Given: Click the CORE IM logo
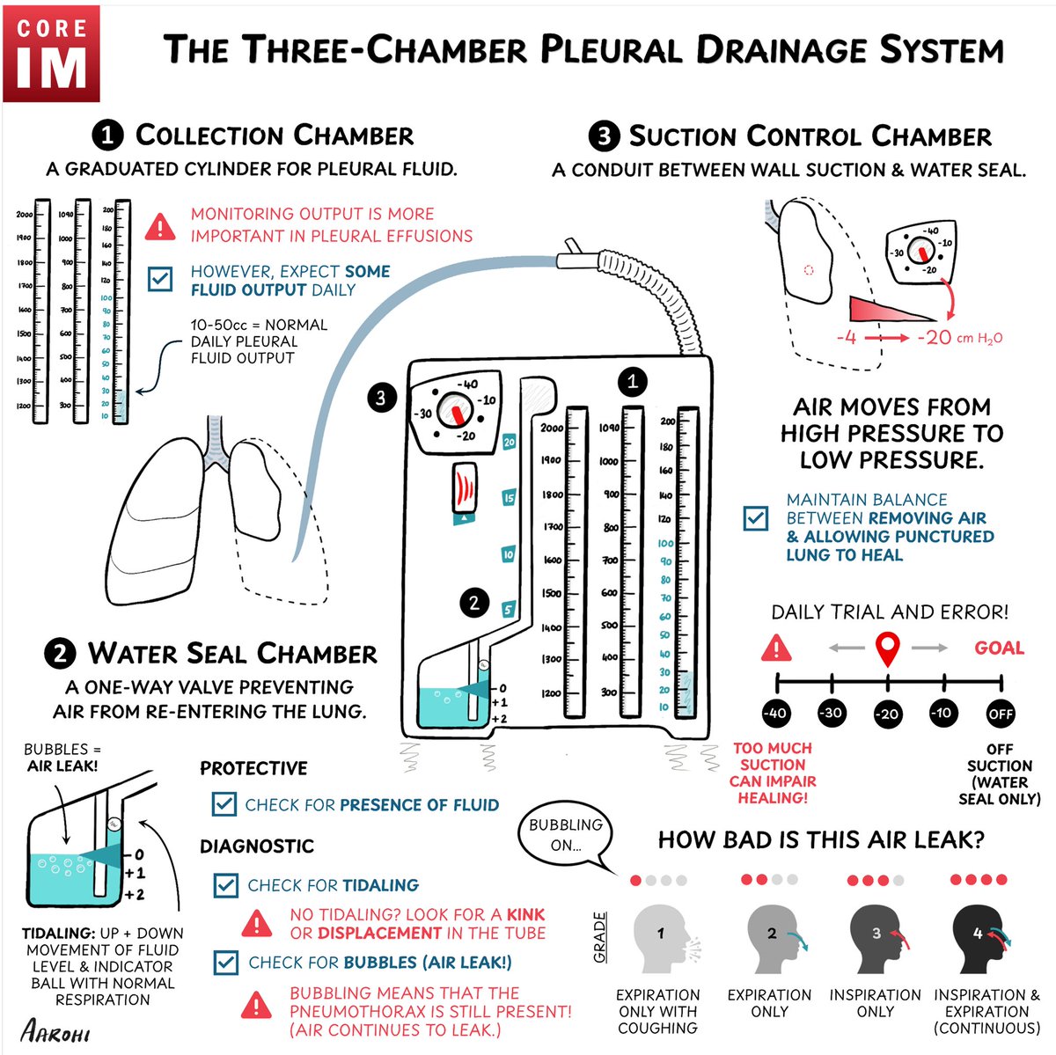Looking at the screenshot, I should (x=51, y=53).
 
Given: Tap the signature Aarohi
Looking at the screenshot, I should (x=55, y=1029).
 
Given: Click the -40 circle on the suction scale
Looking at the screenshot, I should (x=774, y=713).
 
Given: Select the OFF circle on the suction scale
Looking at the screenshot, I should (x=1001, y=713).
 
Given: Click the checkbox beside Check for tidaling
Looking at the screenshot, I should (x=226, y=885).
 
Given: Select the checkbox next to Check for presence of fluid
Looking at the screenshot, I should (x=224, y=804).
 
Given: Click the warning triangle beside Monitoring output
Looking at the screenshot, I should (x=159, y=226).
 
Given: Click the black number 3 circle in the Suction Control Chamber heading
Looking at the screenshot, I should (x=603, y=137).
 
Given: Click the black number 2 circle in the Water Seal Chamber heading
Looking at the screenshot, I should (x=60, y=655).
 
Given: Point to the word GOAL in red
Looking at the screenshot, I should (x=999, y=648).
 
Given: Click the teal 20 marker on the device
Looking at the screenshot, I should (x=509, y=443).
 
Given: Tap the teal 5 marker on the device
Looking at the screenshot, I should (x=508, y=610).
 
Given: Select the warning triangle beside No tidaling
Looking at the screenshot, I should (x=257, y=923).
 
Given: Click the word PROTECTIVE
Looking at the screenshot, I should (x=253, y=768).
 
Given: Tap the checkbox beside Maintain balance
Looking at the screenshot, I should (x=755, y=517).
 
